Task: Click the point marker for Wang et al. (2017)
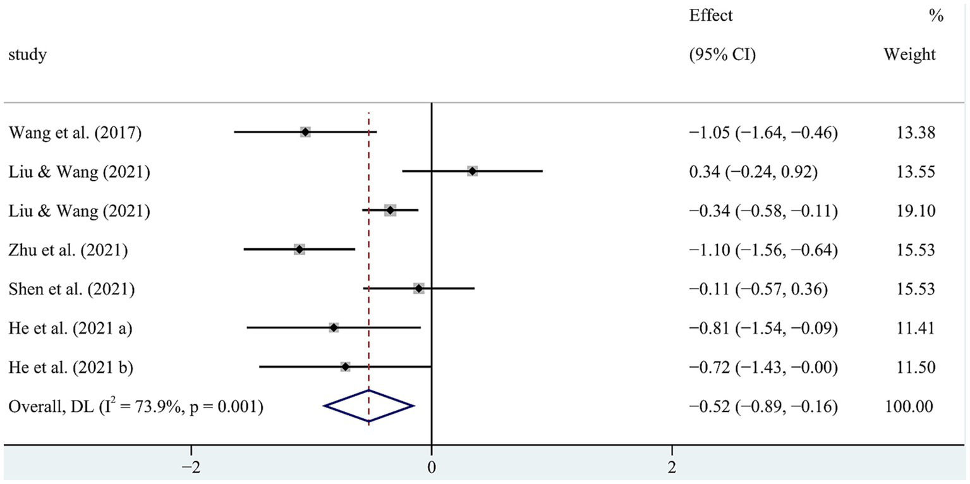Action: click(x=305, y=132)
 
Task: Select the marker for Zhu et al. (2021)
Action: click(x=299, y=250)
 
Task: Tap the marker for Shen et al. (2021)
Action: click(x=418, y=289)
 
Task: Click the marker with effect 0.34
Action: click(x=472, y=171)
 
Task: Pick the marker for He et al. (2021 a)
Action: click(x=334, y=327)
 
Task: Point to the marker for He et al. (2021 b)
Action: click(x=345, y=366)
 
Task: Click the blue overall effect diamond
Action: click(x=368, y=406)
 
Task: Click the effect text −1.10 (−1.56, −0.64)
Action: click(x=763, y=250)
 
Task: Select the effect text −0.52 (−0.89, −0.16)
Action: click(x=763, y=406)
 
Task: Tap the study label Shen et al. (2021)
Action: click(x=71, y=289)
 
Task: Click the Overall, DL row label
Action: click(x=136, y=406)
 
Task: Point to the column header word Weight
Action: click(x=909, y=55)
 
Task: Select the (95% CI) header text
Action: click(x=722, y=55)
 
